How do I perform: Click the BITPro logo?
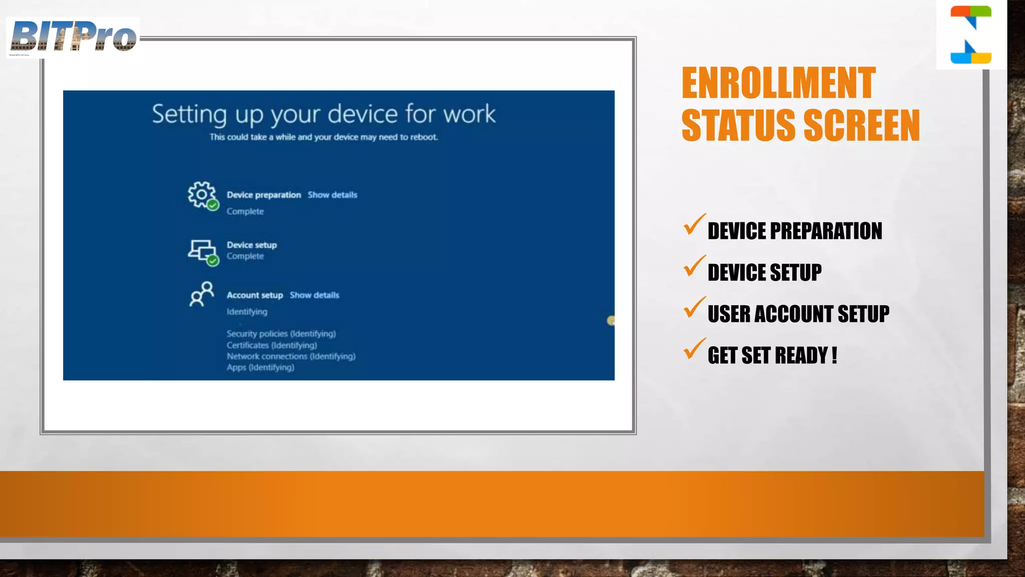tap(73, 37)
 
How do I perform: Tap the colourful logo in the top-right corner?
tap(970, 35)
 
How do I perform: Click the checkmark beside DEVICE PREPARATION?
tap(694, 225)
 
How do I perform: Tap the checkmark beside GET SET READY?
tap(694, 350)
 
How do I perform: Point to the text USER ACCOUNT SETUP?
tap(798, 314)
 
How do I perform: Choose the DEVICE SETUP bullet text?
tap(764, 272)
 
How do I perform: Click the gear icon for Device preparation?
tap(201, 194)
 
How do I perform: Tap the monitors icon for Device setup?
tap(201, 250)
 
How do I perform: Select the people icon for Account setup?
tap(201, 294)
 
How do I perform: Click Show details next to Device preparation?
tap(332, 195)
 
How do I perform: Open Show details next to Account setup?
tap(314, 295)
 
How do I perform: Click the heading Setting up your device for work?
tap(324, 114)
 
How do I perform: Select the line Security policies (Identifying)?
tap(281, 334)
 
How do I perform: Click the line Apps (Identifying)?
tap(260, 367)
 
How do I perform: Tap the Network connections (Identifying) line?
tap(291, 356)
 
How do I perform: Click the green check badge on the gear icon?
tap(213, 205)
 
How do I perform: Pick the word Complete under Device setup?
tap(245, 256)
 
